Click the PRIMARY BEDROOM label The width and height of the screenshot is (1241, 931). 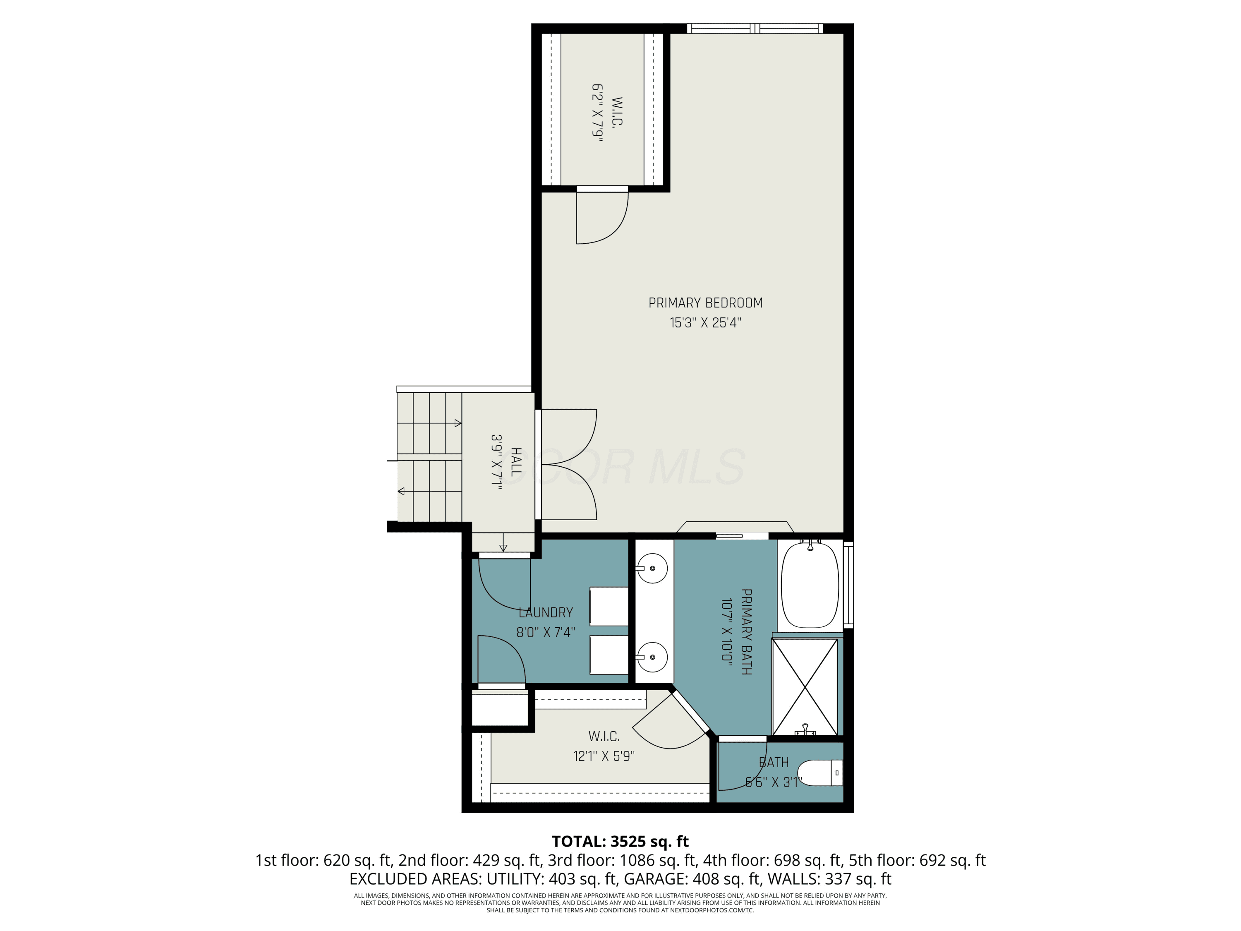705,303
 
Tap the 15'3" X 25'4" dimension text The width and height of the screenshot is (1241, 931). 705,323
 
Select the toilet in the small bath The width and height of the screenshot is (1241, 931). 820,773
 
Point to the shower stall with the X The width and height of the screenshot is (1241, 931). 805,687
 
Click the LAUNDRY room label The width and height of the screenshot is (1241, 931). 546,612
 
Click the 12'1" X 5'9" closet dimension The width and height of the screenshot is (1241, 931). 604,756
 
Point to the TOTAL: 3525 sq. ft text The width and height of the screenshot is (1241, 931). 620,841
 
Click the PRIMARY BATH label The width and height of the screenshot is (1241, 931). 747,631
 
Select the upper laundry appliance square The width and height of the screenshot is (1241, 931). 609,606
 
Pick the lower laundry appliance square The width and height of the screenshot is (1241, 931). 609,655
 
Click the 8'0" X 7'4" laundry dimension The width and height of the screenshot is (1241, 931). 546,632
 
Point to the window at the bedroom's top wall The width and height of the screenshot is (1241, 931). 755,29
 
